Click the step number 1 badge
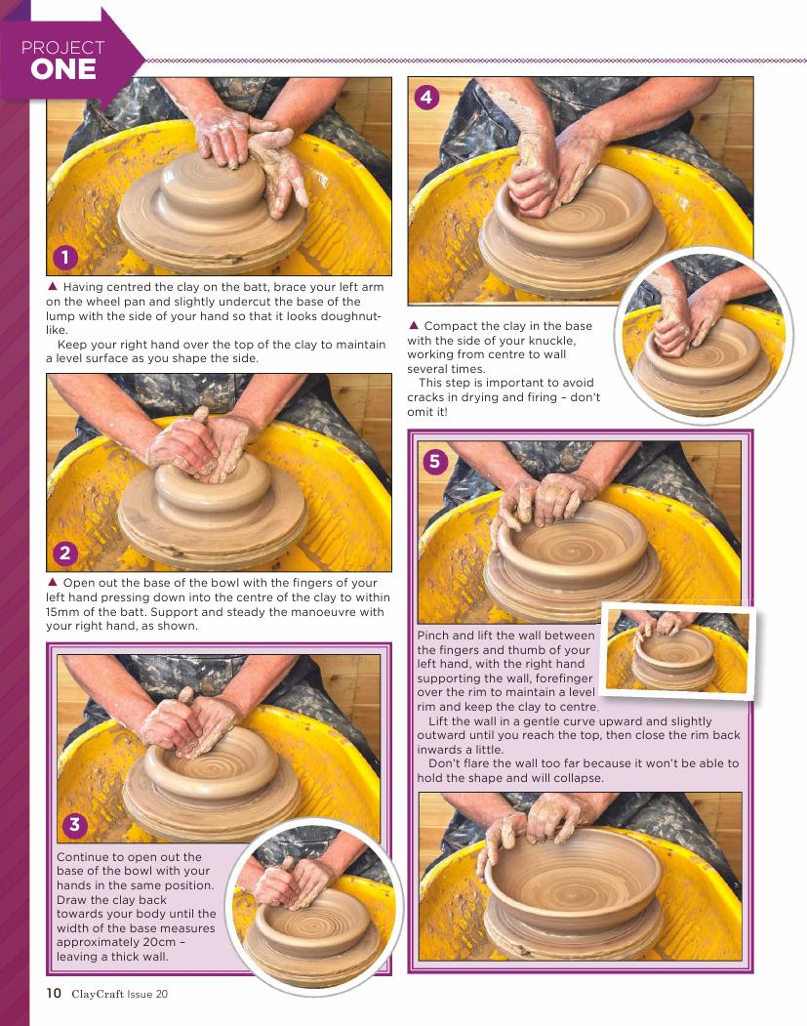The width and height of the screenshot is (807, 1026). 64,257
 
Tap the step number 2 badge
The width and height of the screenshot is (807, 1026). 64,554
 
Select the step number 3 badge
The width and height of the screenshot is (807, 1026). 74,824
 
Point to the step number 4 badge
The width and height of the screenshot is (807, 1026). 426,97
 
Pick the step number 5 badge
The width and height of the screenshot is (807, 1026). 435,462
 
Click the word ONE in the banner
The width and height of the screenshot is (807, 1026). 63,69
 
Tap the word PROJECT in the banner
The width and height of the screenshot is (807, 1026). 62,47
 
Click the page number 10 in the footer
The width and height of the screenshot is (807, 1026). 54,993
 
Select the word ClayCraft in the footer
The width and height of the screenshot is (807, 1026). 98,994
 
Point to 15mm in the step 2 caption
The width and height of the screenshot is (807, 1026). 62,612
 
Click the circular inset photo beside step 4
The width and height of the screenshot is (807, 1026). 704,335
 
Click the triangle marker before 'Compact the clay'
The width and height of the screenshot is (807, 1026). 414,325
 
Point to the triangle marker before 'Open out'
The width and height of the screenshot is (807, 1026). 53,582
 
